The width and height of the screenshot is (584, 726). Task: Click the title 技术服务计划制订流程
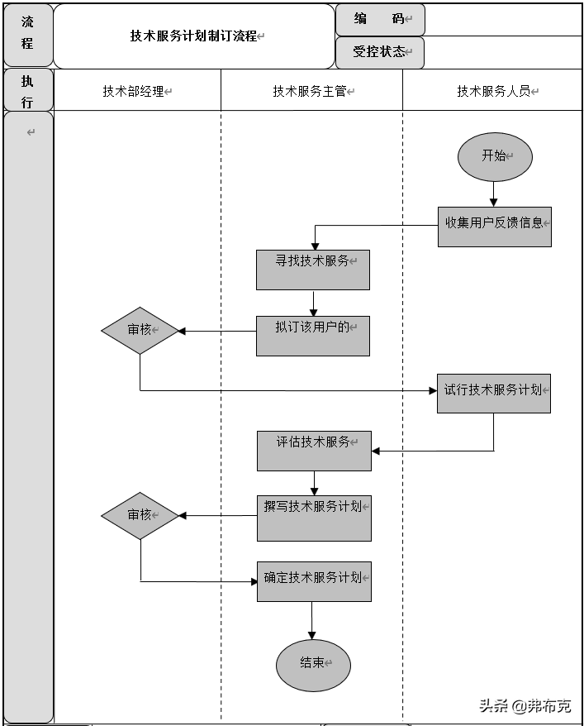pyautogui.click(x=193, y=36)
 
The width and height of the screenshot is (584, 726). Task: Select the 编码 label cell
pyautogui.click(x=380, y=19)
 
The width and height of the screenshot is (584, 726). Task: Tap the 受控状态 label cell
pyautogui.click(x=380, y=52)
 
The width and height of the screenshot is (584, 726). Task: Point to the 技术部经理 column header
pyautogui.click(x=137, y=91)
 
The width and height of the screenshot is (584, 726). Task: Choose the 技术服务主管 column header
pyautogui.click(x=311, y=91)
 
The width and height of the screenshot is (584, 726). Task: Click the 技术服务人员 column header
pyautogui.click(x=494, y=91)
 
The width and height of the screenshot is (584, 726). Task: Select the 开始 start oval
pyautogui.click(x=495, y=156)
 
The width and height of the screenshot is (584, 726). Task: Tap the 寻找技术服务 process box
pyautogui.click(x=312, y=270)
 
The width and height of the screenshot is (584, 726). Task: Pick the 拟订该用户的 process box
pyautogui.click(x=312, y=336)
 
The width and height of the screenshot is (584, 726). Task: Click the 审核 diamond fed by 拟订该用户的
pyautogui.click(x=140, y=331)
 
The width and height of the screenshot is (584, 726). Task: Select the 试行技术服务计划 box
pyautogui.click(x=493, y=393)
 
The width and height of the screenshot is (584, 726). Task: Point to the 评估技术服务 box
pyautogui.click(x=313, y=451)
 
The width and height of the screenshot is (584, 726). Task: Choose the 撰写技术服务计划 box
pyautogui.click(x=313, y=518)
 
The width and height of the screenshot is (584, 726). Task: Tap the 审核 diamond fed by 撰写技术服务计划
pyautogui.click(x=140, y=516)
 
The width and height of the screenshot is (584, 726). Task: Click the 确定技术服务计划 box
pyautogui.click(x=313, y=581)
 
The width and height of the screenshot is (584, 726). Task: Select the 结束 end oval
pyautogui.click(x=313, y=664)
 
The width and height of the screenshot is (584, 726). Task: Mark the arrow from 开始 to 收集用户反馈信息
pyautogui.click(x=494, y=193)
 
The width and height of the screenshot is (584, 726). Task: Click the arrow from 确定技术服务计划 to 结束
pyautogui.click(x=312, y=619)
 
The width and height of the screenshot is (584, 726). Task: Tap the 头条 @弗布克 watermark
pyautogui.click(x=525, y=705)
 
